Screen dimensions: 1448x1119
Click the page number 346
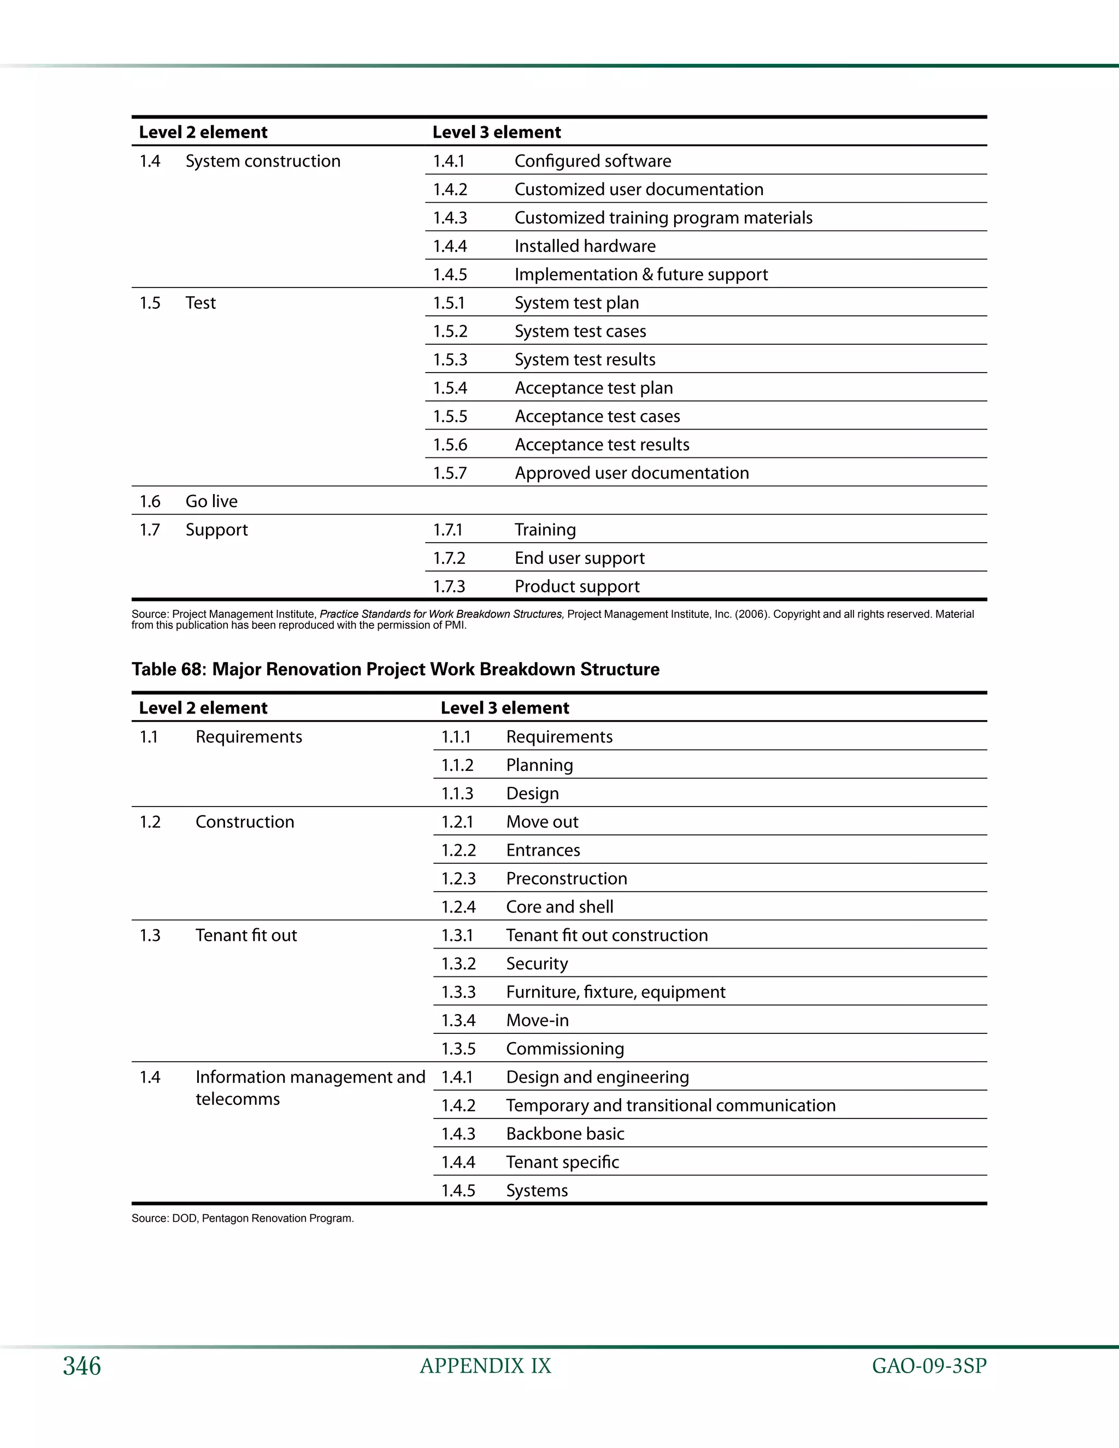point(81,1366)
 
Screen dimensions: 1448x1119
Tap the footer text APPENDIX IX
point(485,1366)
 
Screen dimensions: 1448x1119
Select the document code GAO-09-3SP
point(929,1366)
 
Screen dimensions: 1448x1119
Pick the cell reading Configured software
point(593,161)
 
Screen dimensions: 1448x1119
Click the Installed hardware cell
point(585,246)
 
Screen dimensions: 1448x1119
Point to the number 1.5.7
point(450,473)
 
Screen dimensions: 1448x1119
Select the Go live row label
point(211,501)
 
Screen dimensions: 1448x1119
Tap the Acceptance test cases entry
point(597,416)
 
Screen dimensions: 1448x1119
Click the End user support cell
point(579,558)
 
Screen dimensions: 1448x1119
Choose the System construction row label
point(262,161)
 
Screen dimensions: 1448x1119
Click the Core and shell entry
point(559,907)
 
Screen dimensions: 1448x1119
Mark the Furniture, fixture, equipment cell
point(615,992)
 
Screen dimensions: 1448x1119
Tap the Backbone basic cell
point(565,1134)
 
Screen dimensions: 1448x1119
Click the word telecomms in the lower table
point(237,1099)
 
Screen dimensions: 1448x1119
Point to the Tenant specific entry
point(562,1162)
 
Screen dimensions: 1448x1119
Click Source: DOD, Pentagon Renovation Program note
point(243,1218)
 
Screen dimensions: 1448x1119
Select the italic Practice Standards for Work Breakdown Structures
point(441,614)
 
